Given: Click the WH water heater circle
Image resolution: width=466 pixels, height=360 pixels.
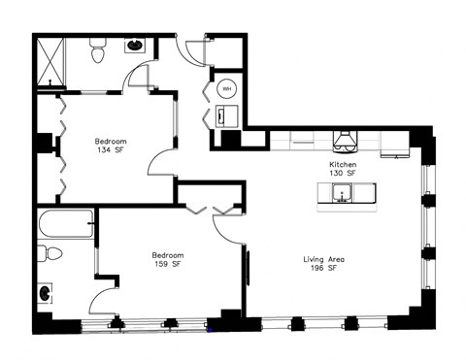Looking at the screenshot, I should (x=226, y=88).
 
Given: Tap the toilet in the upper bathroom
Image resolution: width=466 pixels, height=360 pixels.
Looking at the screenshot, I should (x=98, y=53).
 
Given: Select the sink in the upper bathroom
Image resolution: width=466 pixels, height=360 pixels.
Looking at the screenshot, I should (x=134, y=45).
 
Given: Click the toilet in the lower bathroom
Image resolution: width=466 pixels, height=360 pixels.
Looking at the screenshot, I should (x=51, y=255).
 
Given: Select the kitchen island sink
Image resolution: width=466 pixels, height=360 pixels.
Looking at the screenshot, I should (x=343, y=197).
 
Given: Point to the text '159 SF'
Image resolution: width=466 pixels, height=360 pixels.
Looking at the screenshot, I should (x=167, y=266).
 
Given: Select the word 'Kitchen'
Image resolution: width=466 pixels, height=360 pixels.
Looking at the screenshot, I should (x=343, y=165).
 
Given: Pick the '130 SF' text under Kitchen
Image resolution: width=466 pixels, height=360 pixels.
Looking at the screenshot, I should (x=343, y=175).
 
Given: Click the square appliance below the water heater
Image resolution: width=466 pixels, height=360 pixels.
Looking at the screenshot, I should (x=224, y=115).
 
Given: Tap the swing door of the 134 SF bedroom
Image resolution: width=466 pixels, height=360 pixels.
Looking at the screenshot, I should (x=160, y=163).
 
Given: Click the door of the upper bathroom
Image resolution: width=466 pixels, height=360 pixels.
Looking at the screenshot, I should (x=139, y=76).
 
